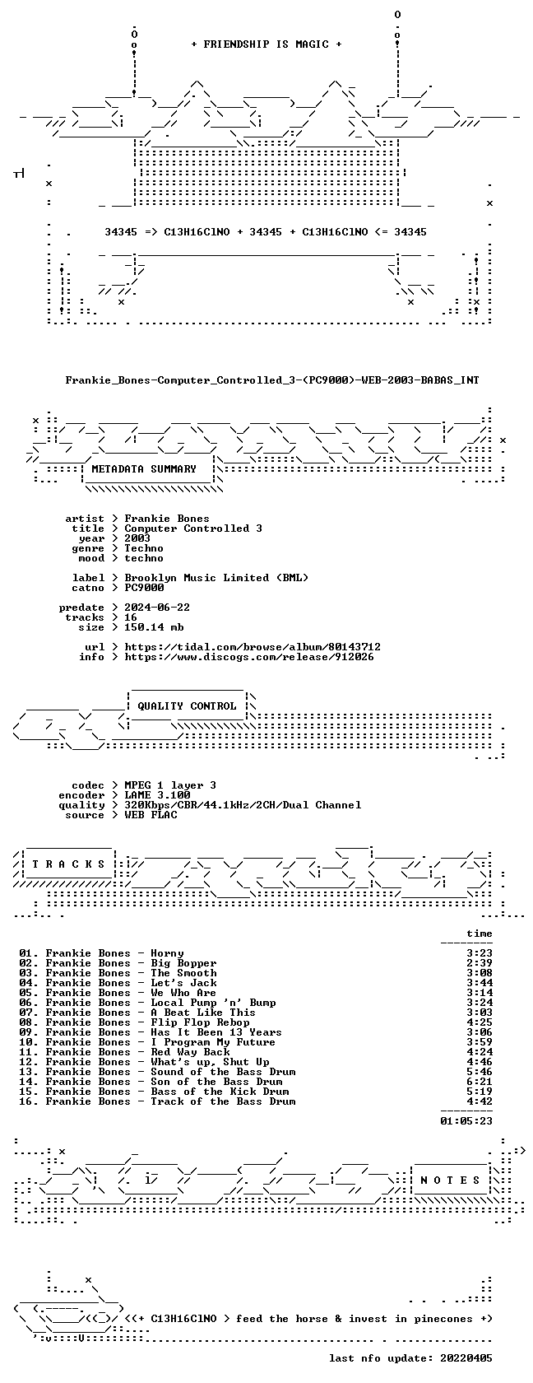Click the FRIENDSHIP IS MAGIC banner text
point(266,44)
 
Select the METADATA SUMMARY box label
point(144,469)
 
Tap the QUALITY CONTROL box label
point(187,706)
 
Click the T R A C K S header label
point(68,864)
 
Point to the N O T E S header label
point(450,1180)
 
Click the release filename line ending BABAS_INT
point(272,380)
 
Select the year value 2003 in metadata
point(137,538)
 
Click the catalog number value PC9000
point(145,588)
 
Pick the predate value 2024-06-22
point(157,608)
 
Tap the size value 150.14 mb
point(155,627)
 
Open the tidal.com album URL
point(253,647)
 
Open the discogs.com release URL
point(249,657)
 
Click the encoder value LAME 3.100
point(157,795)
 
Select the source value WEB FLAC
point(151,815)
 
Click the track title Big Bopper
point(184,963)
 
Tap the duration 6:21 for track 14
point(480,1082)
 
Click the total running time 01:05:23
point(466,1120)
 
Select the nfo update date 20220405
point(466,1358)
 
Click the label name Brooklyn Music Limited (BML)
point(216,578)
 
